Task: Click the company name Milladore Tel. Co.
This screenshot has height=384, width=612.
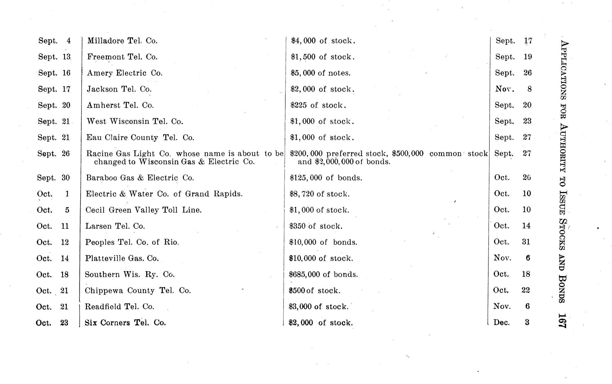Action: [122, 41]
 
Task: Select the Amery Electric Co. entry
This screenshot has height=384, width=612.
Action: [125, 73]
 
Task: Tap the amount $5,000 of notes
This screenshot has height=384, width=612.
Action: [320, 73]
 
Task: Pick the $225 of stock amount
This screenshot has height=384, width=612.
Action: [318, 105]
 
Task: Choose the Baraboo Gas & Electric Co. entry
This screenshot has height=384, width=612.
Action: [140, 178]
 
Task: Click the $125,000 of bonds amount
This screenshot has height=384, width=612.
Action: [326, 178]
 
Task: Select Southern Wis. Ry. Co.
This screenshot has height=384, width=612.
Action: [130, 274]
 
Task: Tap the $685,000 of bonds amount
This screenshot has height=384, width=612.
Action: [323, 274]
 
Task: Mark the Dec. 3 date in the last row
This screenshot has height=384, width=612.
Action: [511, 323]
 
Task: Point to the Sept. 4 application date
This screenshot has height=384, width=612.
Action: [54, 41]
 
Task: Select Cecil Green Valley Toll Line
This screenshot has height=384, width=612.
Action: [143, 210]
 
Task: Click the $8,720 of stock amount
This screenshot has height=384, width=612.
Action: [320, 194]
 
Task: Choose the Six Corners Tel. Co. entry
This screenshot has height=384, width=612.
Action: [125, 323]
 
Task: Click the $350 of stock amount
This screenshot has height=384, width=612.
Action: [316, 226]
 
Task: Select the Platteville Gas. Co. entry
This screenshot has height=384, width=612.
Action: [122, 258]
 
